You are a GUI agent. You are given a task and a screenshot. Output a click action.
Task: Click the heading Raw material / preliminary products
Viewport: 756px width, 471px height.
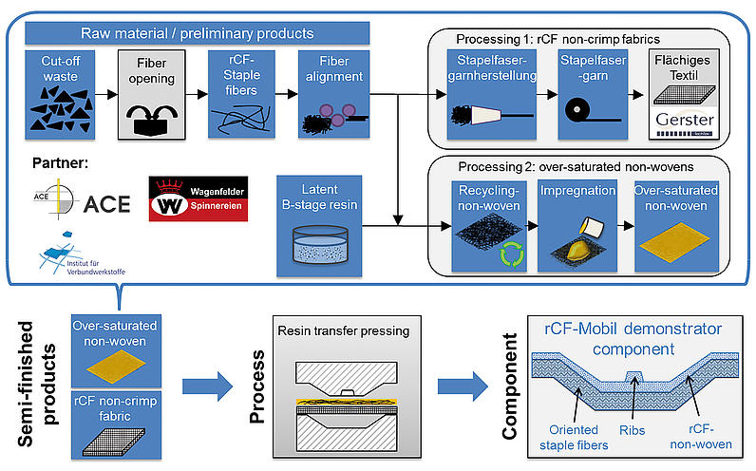click(x=198, y=33)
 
